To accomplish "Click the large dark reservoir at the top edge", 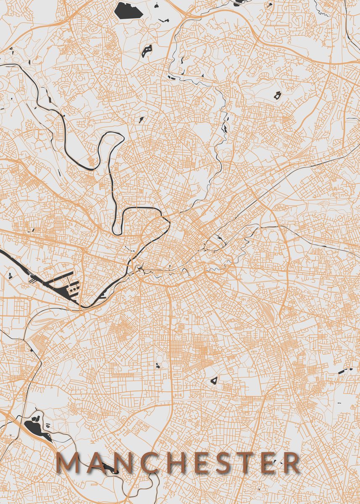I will pos(129,9).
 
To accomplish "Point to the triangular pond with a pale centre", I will pos(214,381).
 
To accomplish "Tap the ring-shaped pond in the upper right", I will pos(277,95).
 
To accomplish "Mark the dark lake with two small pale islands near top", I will pos(147,51).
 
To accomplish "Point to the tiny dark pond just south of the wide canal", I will pos(9,276).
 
